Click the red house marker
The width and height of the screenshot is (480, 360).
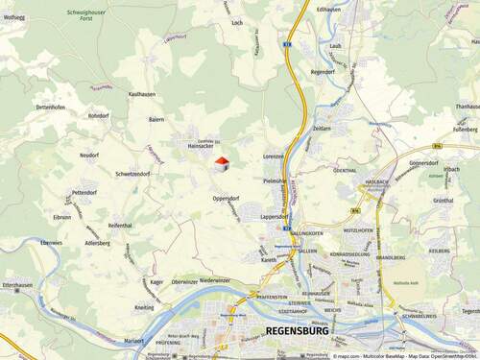[x=222, y=164]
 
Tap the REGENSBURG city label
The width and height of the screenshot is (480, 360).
[x=296, y=331]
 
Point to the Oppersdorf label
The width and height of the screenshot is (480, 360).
[x=226, y=199]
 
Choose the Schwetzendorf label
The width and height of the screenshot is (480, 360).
[x=132, y=175]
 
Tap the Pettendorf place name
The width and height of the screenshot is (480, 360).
[x=84, y=193]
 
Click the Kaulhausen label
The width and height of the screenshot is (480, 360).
[x=141, y=94]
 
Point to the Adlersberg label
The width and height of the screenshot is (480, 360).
[x=98, y=244]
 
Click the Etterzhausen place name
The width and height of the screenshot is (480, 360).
[x=18, y=285]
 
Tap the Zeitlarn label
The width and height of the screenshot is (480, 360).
[x=322, y=128]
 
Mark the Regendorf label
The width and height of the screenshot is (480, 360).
[x=323, y=72]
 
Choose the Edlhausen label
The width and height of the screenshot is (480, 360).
[x=328, y=9]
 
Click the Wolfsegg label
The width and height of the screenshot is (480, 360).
[x=13, y=17]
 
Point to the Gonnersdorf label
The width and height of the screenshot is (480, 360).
[x=423, y=163]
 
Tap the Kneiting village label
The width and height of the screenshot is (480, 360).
[x=144, y=308]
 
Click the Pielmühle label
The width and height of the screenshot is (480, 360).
[x=274, y=180]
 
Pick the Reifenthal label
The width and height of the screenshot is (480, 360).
[x=120, y=226]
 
